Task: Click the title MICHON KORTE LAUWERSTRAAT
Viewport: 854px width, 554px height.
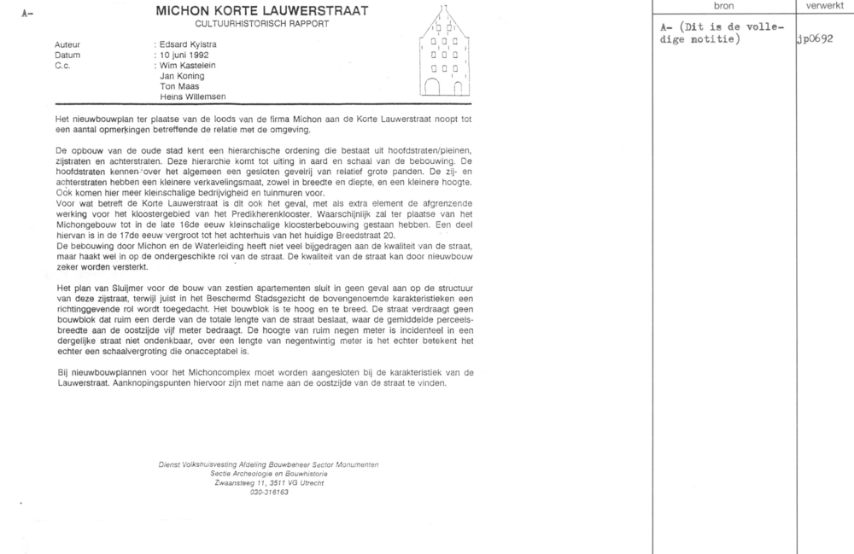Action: [x=262, y=11]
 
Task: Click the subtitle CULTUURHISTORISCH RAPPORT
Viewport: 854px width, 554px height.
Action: [x=262, y=23]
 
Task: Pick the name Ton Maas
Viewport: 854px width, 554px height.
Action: [x=179, y=85]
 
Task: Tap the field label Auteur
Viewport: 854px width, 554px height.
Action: [x=67, y=43]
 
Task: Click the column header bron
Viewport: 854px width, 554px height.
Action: [x=722, y=6]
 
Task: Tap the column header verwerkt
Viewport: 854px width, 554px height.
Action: [x=823, y=6]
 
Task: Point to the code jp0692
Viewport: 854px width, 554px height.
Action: [x=815, y=39]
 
